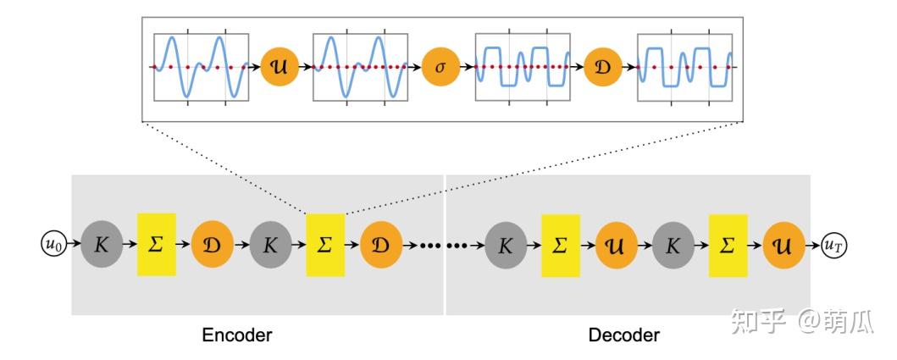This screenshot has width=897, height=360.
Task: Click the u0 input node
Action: pyautogui.click(x=53, y=244)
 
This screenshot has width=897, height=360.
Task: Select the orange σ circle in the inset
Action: pyautogui.click(x=440, y=66)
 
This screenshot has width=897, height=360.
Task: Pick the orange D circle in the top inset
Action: pyautogui.click(x=603, y=66)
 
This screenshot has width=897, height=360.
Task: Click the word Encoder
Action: pyautogui.click(x=237, y=335)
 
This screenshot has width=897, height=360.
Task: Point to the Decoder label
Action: pyautogui.click(x=624, y=335)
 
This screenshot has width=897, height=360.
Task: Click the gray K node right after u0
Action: pyautogui.click(x=101, y=245)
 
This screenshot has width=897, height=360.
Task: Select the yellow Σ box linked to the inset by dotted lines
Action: pyautogui.click(x=325, y=245)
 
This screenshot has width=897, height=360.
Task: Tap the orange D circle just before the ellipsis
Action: pyautogui.click(x=380, y=245)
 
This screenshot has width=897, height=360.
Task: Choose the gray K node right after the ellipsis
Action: pyautogui.click(x=506, y=245)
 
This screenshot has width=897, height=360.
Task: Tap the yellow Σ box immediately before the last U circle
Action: pyautogui.click(x=728, y=245)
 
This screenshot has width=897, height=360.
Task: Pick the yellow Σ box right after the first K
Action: pyautogui.click(x=156, y=245)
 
